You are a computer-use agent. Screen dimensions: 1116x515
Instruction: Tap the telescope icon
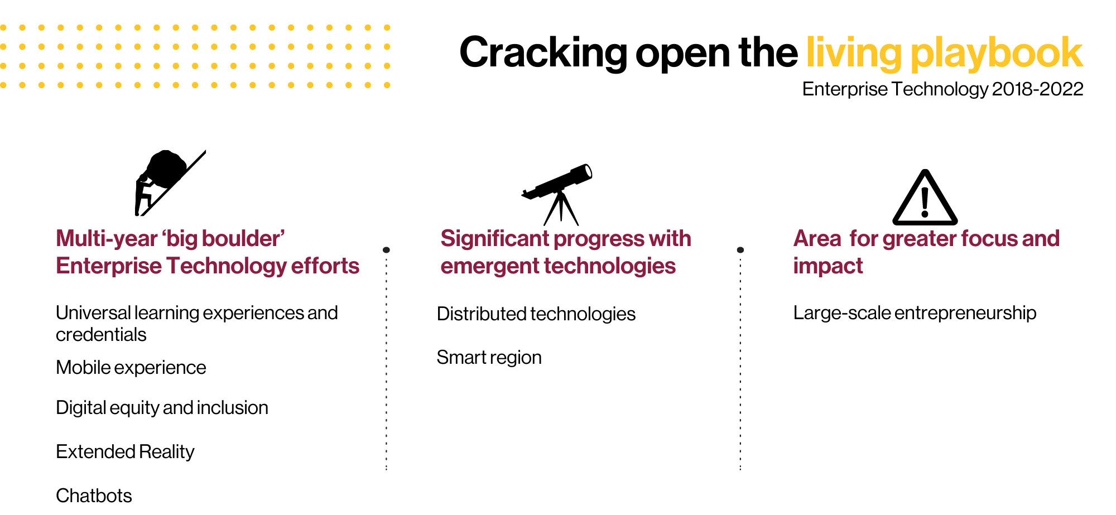pyautogui.click(x=557, y=194)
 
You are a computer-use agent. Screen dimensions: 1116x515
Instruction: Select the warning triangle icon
pyautogui.click(x=925, y=198)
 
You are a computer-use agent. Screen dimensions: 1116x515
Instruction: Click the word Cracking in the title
pyautogui.click(x=543, y=52)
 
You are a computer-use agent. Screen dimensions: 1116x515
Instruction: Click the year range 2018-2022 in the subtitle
pyautogui.click(x=1037, y=89)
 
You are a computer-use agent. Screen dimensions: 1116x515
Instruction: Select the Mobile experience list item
pyautogui.click(x=131, y=368)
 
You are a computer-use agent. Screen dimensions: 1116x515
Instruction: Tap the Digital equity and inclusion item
pyautogui.click(x=162, y=408)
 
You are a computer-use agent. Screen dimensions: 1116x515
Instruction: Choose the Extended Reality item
pyautogui.click(x=125, y=451)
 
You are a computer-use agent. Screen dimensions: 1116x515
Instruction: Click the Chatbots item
pyautogui.click(x=94, y=495)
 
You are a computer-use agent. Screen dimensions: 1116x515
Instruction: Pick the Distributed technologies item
pyautogui.click(x=536, y=314)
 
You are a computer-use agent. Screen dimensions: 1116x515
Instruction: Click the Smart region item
pyautogui.click(x=489, y=358)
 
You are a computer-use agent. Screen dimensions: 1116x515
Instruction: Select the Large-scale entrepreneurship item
pyautogui.click(x=915, y=313)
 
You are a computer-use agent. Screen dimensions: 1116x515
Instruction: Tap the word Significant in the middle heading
pyautogui.click(x=495, y=239)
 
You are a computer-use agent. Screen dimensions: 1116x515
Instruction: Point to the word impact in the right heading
pyautogui.click(x=828, y=266)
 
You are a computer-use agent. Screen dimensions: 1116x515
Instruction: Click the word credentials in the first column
pyautogui.click(x=101, y=335)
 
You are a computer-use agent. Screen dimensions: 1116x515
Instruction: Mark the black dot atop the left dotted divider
pyautogui.click(x=386, y=250)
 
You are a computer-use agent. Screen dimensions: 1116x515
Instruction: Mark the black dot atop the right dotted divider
pyautogui.click(x=740, y=250)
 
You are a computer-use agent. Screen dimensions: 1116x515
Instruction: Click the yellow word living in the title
pyautogui.click(x=854, y=52)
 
